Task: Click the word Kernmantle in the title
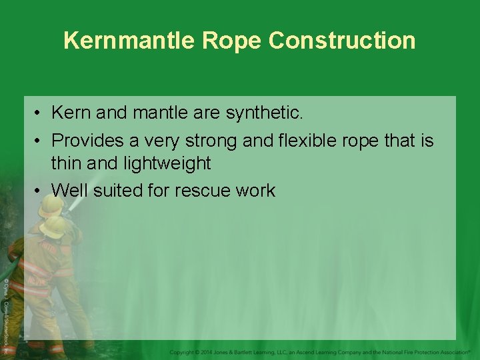(x=129, y=41)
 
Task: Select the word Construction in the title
(x=342, y=41)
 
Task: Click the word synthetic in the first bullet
(x=264, y=113)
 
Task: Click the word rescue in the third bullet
(x=203, y=191)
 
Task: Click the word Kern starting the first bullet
(x=71, y=113)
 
